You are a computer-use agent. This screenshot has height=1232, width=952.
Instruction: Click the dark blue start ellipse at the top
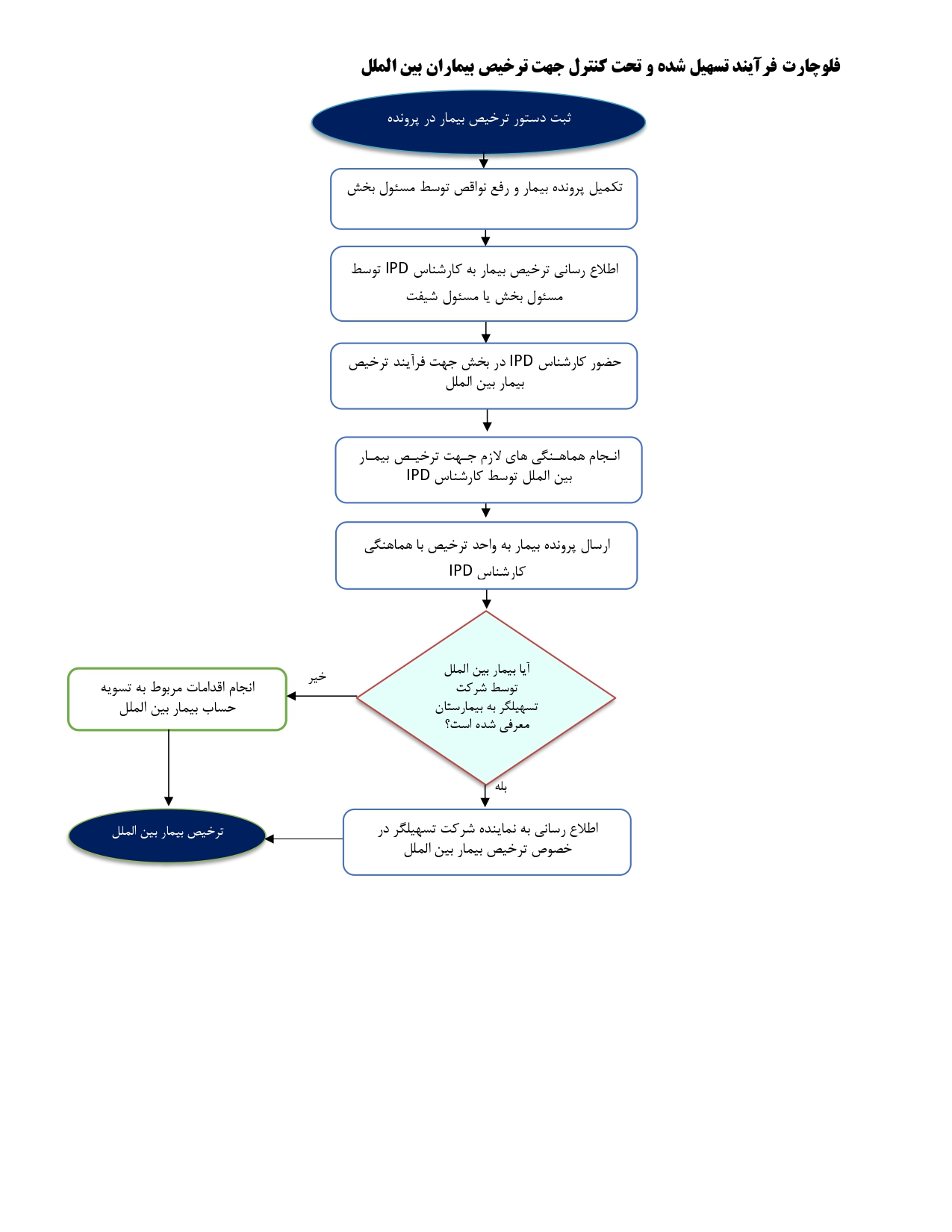[478, 122]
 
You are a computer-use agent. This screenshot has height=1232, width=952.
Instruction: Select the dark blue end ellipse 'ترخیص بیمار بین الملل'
[167, 835]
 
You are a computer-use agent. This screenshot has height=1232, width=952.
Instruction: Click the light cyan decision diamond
[486, 697]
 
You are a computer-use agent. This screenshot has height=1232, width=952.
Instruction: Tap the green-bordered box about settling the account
[177, 699]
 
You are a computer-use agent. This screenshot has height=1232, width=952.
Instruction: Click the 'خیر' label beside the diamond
[317, 676]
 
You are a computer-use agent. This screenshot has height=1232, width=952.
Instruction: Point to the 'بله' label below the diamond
[501, 786]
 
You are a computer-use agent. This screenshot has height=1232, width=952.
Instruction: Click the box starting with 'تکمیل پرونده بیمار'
[484, 199]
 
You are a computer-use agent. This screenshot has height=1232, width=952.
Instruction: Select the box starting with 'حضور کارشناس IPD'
[484, 376]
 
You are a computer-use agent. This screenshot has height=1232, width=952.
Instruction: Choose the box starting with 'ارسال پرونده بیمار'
[486, 556]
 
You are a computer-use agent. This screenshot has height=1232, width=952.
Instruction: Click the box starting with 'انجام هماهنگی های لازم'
[488, 470]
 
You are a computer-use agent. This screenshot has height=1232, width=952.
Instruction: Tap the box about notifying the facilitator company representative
[487, 842]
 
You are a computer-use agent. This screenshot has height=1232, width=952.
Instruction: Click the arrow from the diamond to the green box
[322, 696]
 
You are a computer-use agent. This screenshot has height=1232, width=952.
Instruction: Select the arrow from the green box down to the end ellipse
[169, 768]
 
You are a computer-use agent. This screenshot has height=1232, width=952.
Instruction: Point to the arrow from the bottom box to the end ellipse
[304, 839]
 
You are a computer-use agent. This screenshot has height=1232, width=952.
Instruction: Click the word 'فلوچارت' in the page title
[812, 66]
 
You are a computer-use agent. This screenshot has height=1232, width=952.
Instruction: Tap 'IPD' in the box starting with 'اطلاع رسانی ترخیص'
[397, 268]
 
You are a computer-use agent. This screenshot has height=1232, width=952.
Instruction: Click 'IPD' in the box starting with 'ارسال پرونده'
[461, 570]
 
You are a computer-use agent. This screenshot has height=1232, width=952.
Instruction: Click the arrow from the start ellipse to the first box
[484, 161]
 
